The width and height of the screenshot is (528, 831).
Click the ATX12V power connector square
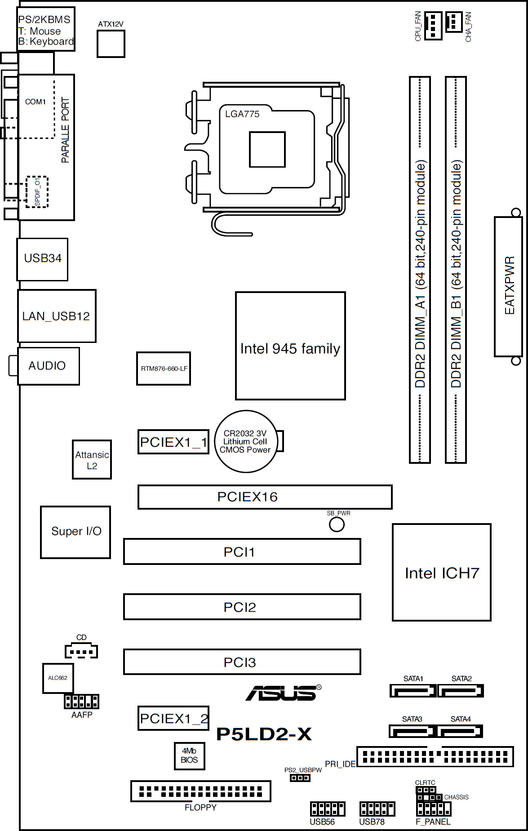click(111, 44)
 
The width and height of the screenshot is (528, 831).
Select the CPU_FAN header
click(433, 25)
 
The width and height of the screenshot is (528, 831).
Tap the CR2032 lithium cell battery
click(245, 441)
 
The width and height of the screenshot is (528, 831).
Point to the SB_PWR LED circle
click(337, 524)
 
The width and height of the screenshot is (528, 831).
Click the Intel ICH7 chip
click(441, 573)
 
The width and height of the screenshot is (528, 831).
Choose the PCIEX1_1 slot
click(173, 442)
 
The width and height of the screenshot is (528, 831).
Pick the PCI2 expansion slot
click(242, 607)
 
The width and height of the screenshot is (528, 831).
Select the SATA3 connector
click(412, 731)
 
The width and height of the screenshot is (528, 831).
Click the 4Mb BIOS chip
click(189, 755)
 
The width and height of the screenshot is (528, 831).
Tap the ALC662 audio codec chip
click(58, 678)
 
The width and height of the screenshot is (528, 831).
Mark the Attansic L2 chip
click(92, 460)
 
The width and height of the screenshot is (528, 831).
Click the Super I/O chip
click(75, 532)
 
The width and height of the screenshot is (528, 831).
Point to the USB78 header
click(377, 809)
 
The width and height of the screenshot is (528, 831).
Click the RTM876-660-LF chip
click(164, 369)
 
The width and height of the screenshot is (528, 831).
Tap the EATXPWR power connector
click(508, 286)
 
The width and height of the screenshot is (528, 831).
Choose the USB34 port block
click(42, 259)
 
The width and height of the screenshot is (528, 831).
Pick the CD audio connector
click(81, 651)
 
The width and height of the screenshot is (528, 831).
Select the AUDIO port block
click(48, 366)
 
